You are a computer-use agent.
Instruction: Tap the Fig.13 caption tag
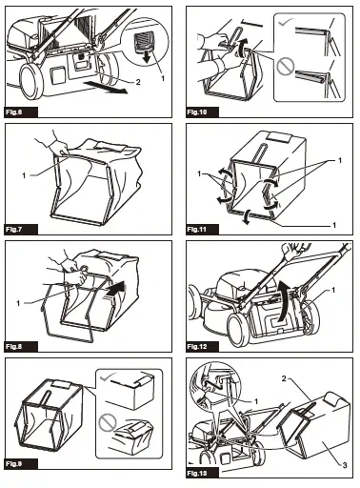[x=198, y=473]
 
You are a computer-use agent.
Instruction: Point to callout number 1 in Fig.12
[x=334, y=289]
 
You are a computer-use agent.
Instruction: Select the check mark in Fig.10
[x=286, y=20]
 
